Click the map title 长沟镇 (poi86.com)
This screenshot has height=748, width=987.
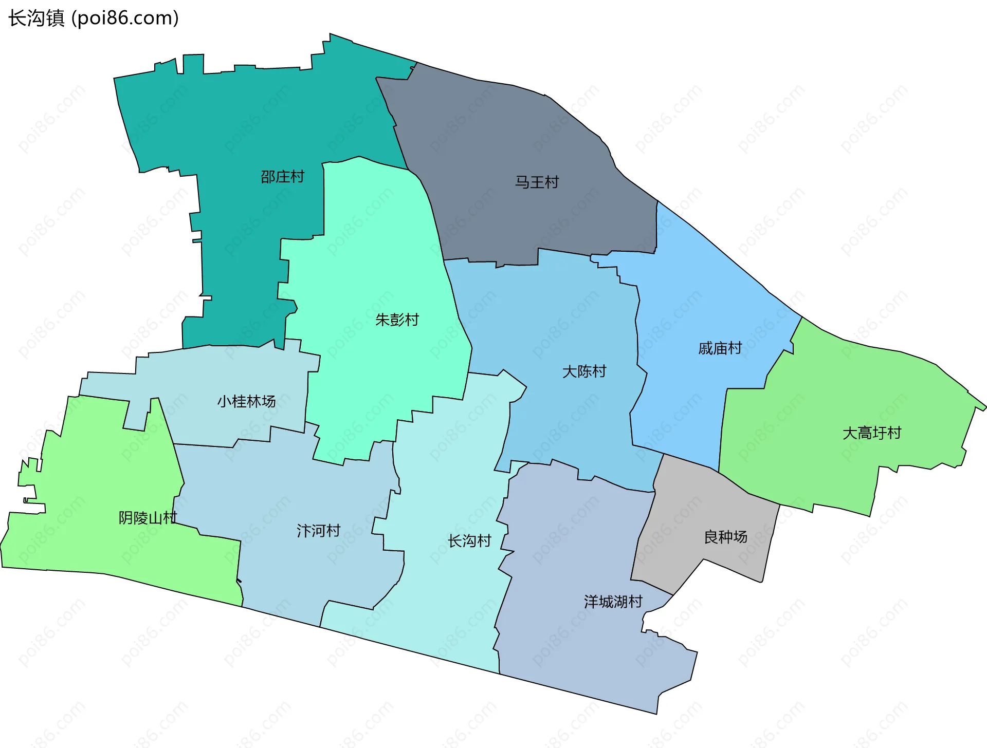click(94, 18)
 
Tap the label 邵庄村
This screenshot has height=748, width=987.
click(282, 177)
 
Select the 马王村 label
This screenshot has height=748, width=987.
click(537, 182)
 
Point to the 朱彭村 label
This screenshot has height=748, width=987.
click(397, 320)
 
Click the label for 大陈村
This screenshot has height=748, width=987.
click(584, 371)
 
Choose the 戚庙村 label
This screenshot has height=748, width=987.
click(720, 349)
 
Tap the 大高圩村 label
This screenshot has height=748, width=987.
click(872, 433)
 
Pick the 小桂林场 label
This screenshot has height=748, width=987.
click(246, 401)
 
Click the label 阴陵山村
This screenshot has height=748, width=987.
click(148, 518)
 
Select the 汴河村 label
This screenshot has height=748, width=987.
click(318, 531)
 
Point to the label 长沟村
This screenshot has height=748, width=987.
click(469, 541)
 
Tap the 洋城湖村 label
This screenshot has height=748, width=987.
click(613, 602)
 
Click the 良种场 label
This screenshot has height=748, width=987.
click(725, 537)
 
